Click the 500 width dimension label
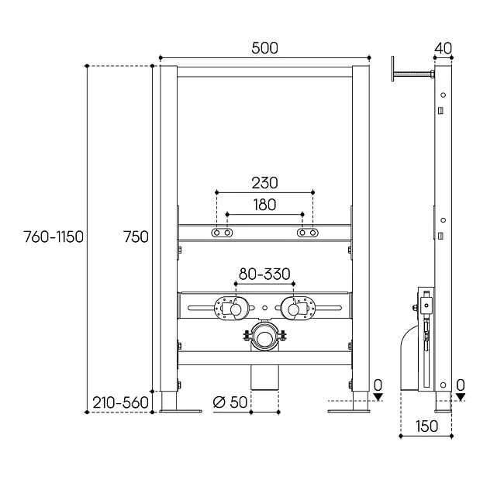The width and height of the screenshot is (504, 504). [264, 48]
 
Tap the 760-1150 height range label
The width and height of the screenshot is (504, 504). [54, 237]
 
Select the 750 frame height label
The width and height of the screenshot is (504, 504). [136, 237]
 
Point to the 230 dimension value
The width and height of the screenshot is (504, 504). [264, 183]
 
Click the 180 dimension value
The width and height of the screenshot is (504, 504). [264, 205]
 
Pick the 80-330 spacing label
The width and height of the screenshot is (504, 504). [264, 274]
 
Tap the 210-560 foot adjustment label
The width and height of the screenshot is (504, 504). [120, 402]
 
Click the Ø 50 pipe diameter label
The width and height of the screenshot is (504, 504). [230, 402]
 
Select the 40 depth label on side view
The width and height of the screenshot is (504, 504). [443, 49]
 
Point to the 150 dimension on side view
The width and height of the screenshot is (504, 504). [427, 426]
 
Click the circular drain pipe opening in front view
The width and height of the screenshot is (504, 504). [264, 338]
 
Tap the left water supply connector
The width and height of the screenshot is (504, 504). [231, 308]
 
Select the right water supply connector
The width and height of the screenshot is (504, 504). [298, 308]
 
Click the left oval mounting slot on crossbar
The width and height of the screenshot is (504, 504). [222, 233]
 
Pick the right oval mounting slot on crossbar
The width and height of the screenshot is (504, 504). [308, 233]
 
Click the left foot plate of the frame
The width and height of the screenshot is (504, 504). [181, 411]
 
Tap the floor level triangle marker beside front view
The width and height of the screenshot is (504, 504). [378, 397]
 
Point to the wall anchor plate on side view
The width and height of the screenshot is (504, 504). [393, 69]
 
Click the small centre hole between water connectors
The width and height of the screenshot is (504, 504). [264, 308]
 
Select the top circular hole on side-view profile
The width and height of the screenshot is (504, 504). [443, 95]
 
